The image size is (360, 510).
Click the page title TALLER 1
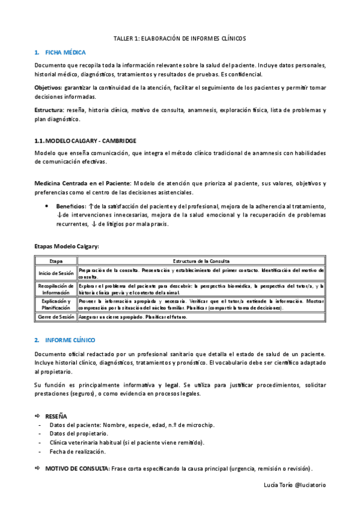tap(180, 38)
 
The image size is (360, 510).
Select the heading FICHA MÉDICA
tap(66, 52)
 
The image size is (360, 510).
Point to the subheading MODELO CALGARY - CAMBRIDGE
tap(92, 141)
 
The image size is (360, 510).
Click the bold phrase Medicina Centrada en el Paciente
tap(82, 183)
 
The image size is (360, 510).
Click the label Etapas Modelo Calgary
tap(67, 247)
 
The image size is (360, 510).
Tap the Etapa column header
tap(56, 262)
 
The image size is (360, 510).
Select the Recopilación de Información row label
tap(56, 289)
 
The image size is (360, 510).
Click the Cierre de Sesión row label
tap(56, 316)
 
